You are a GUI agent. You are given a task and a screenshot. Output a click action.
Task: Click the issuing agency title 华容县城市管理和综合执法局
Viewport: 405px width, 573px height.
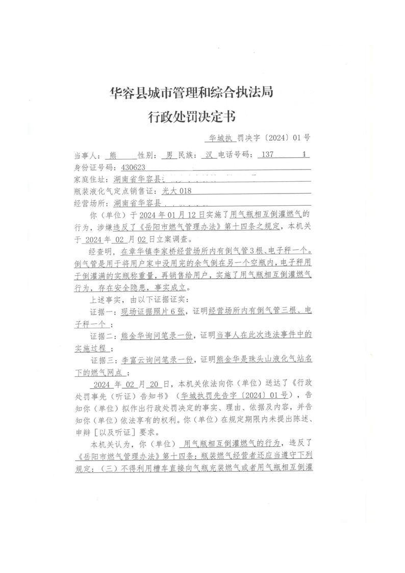(x=191, y=92)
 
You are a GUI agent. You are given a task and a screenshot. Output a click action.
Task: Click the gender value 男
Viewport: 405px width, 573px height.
(x=167, y=156)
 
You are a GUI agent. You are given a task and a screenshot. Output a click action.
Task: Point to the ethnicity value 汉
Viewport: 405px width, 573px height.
(x=207, y=156)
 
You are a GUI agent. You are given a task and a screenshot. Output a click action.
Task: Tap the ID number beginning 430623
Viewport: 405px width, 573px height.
(x=127, y=168)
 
